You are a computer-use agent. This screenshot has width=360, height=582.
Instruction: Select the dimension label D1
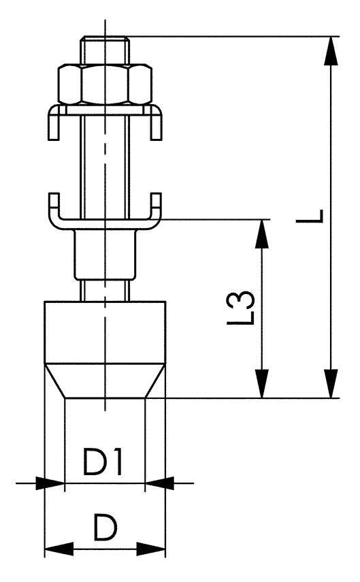tap(103, 463)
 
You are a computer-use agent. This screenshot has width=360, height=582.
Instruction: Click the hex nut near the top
tap(105, 84)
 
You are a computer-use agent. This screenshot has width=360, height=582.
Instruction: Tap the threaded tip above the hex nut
tap(105, 50)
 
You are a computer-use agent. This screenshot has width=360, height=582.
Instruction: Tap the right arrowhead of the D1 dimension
tap(158, 483)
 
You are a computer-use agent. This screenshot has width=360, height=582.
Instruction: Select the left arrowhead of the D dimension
tap(56, 548)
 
